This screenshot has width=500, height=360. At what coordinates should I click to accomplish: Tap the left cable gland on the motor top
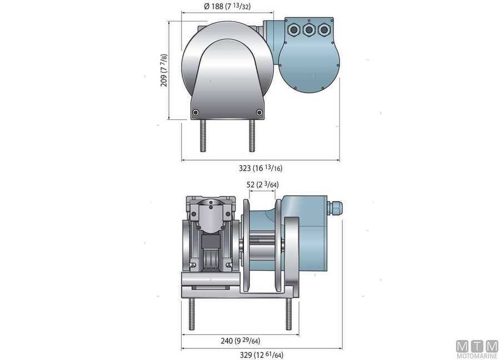294,30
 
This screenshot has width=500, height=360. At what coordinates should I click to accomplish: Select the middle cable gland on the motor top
309,30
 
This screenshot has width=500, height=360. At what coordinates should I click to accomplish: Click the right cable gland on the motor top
323,30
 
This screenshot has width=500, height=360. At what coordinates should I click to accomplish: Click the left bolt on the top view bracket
195,113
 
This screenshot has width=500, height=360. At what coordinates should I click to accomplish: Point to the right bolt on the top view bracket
259,113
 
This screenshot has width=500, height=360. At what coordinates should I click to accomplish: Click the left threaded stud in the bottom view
192,314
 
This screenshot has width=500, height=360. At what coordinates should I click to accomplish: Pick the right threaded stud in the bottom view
288,314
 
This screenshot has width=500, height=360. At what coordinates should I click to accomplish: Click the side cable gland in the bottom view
335,208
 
